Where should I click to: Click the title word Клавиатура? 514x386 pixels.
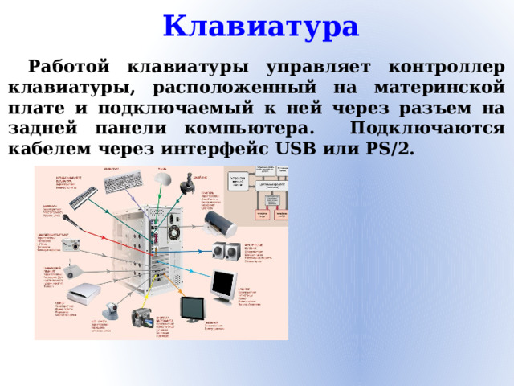tap(260, 26)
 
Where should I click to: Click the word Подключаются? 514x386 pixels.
tap(428, 128)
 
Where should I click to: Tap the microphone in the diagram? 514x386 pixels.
tap(70, 218)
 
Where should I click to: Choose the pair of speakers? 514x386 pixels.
tap(226, 251)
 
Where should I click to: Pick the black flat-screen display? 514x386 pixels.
tap(191, 308)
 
